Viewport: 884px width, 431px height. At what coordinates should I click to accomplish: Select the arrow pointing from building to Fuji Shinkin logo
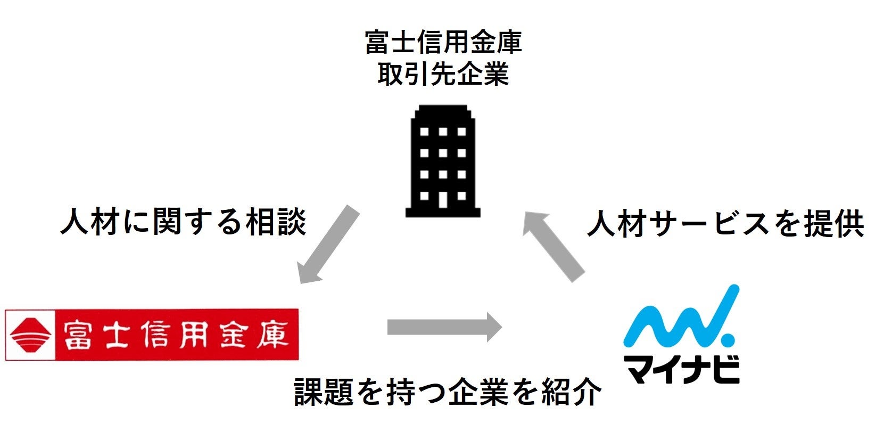click(328, 245)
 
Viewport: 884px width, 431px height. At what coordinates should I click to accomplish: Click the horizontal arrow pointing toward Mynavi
click(444, 327)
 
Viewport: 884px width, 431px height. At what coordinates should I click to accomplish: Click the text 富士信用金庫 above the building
click(443, 43)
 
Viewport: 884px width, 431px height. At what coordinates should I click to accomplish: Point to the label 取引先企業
click(443, 74)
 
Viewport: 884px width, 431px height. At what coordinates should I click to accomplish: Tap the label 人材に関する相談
click(184, 222)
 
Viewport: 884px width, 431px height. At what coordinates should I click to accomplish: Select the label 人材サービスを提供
click(725, 224)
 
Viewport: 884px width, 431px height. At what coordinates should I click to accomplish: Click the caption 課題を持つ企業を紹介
click(448, 392)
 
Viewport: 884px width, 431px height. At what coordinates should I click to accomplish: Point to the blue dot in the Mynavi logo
click(726, 339)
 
